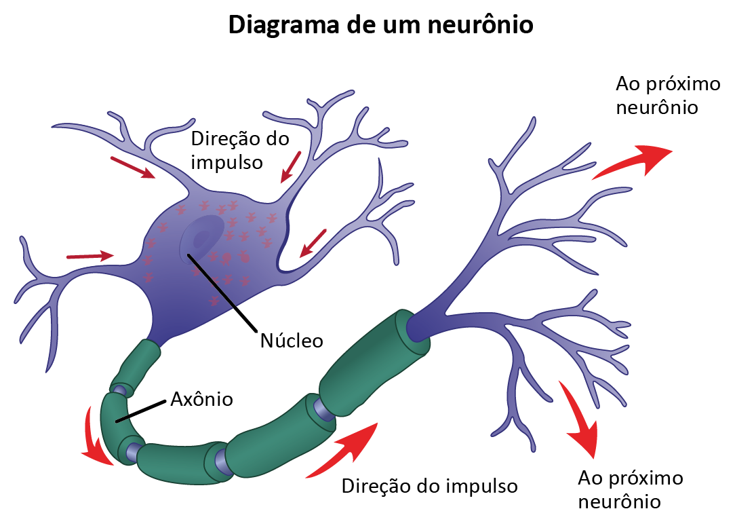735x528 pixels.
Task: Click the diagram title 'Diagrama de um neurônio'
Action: point(380,25)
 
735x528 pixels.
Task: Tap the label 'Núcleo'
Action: point(292,340)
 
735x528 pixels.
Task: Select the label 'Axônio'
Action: point(201,399)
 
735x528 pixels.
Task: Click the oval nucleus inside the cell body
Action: point(203,238)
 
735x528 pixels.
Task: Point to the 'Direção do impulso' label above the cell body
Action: point(240,151)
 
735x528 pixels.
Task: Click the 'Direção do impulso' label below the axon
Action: point(429,486)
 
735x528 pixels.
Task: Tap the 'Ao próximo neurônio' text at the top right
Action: point(657,96)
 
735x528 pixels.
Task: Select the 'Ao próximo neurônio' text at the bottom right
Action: point(630,489)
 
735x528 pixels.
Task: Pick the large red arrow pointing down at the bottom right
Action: point(580,421)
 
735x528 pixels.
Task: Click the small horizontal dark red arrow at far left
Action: point(90,256)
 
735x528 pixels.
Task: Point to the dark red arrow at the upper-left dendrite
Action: point(133,168)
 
